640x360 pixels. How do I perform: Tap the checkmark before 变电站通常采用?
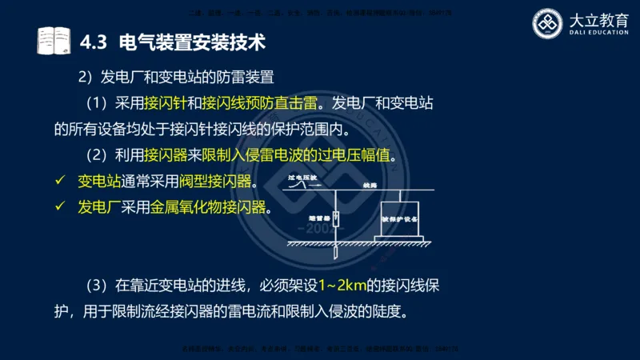click(58, 182)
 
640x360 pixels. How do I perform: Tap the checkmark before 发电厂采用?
click(58, 207)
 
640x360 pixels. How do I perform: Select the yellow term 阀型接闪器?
click(220, 182)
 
